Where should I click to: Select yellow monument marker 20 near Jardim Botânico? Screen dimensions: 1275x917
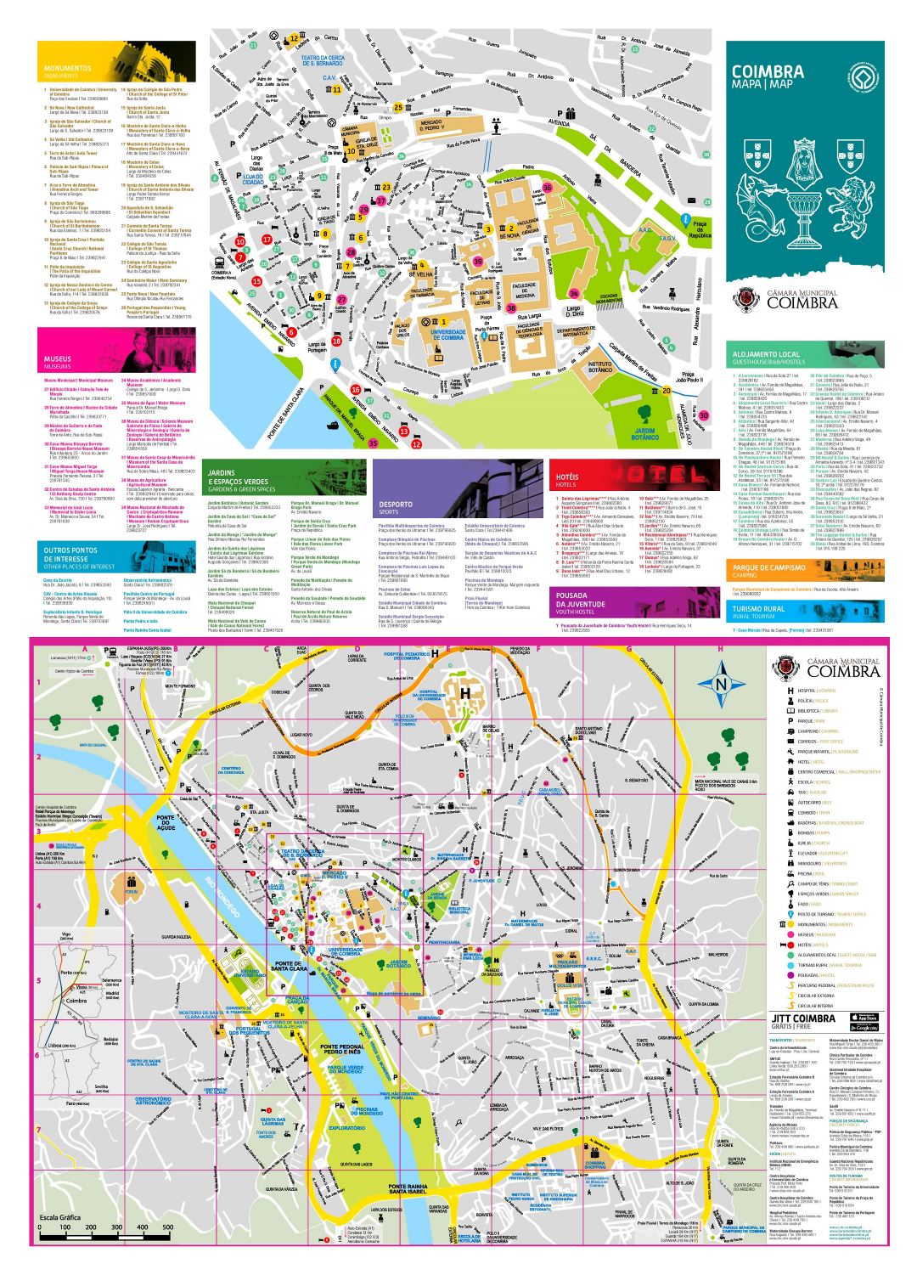pyautogui.click(x=667, y=391)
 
